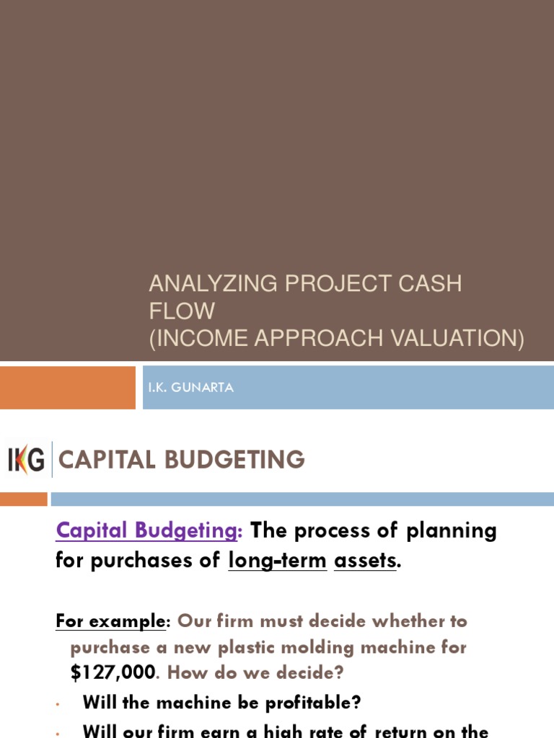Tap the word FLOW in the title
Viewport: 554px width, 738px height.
tap(182, 311)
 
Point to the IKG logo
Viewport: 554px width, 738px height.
tap(26, 460)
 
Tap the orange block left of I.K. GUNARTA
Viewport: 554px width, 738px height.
tap(68, 388)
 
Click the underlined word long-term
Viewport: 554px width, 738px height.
tap(277, 560)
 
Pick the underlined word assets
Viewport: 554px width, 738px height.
tap(365, 560)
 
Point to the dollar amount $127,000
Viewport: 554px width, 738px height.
tap(113, 672)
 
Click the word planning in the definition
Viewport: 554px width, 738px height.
tap(452, 531)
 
